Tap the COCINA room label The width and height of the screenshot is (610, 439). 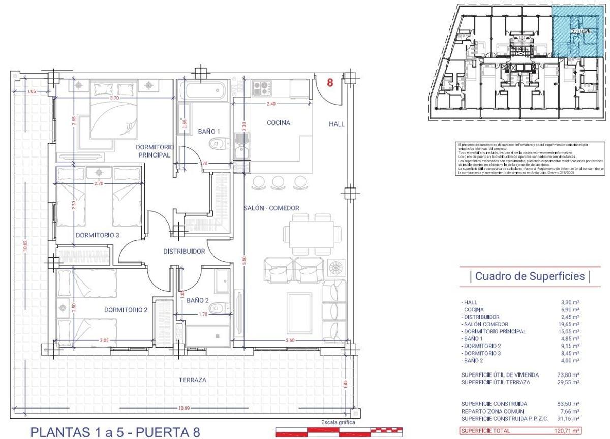(278, 123)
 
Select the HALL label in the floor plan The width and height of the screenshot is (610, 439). (337, 123)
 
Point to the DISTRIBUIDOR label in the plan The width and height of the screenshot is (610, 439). (184, 252)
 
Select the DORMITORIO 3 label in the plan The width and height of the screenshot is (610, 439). (97, 235)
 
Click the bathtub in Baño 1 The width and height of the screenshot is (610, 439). (202, 92)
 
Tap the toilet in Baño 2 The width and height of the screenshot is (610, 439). (217, 307)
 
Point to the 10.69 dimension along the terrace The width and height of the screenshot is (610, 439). (185, 408)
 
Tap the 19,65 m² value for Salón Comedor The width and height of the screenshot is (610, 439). (569, 324)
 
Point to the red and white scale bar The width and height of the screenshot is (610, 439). (339, 431)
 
